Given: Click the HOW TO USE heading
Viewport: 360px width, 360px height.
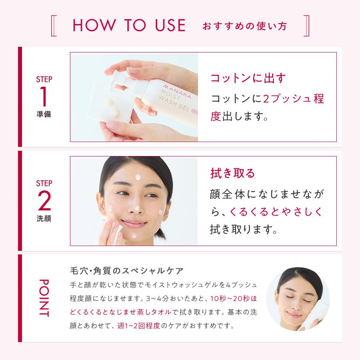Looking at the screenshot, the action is click(129, 25).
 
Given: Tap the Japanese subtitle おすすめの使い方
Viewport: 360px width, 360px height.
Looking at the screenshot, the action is click(245, 26).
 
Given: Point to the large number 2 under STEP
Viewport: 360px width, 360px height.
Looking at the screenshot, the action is click(44, 200).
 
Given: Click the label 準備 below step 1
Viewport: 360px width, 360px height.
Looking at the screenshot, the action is click(44, 114).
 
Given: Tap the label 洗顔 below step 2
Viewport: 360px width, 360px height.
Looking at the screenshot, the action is click(44, 218).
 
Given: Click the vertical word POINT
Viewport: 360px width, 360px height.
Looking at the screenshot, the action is click(44, 298).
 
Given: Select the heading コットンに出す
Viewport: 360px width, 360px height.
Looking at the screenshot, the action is click(248, 78).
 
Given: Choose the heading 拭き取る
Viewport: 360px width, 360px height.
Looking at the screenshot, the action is click(232, 173).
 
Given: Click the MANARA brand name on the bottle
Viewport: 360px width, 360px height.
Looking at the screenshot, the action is click(177, 91).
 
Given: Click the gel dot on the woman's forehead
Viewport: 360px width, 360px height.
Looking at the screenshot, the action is click(138, 177).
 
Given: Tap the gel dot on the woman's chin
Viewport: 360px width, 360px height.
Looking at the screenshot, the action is click(134, 236).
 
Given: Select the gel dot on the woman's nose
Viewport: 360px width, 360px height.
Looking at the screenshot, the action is click(137, 208).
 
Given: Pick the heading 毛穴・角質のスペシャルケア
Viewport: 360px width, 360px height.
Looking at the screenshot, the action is click(126, 271).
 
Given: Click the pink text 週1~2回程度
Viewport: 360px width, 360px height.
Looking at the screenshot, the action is click(138, 326).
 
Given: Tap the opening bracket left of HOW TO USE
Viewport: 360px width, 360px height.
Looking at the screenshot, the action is click(54, 26).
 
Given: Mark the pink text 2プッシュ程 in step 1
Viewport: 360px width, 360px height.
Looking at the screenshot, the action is click(293, 99).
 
